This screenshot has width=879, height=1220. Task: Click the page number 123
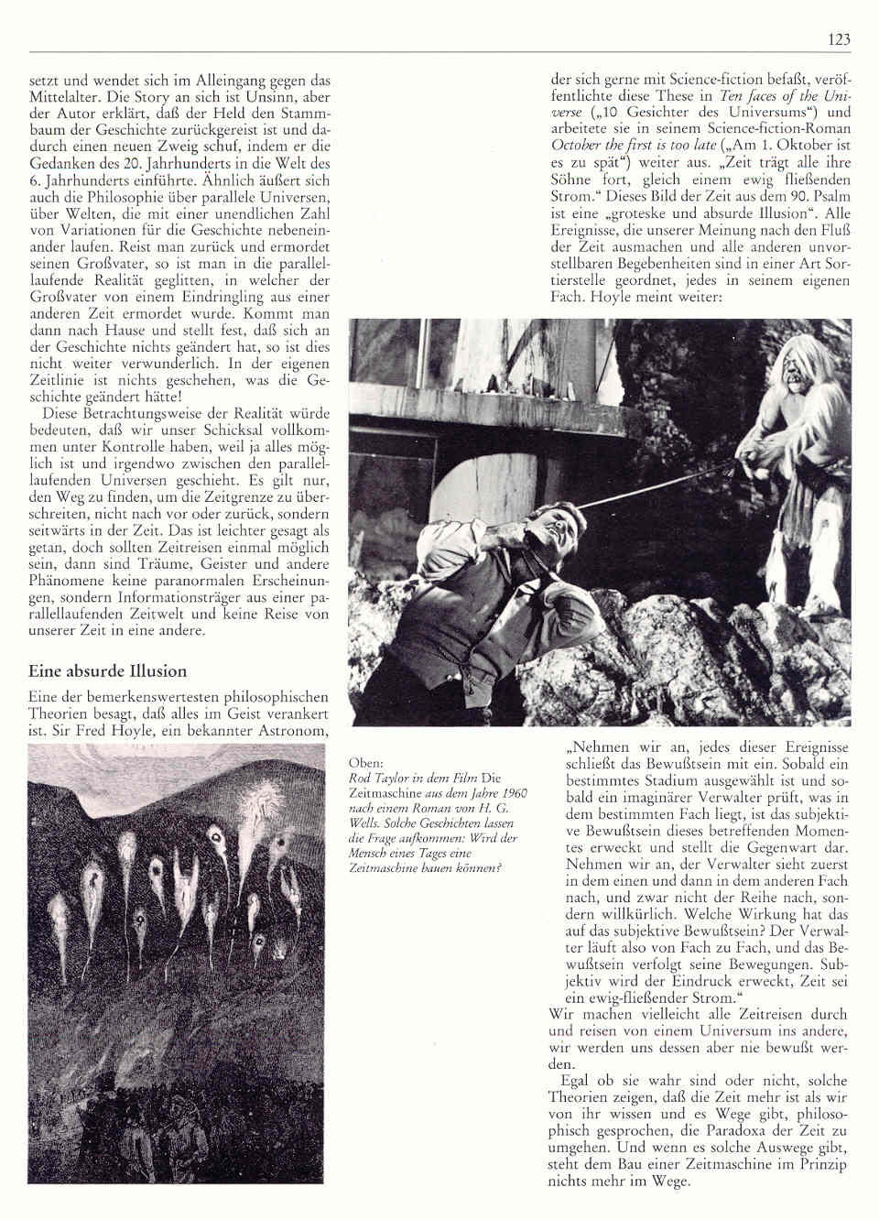(839, 38)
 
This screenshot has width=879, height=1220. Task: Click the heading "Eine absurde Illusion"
(107, 671)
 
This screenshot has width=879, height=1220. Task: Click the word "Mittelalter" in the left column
(65, 96)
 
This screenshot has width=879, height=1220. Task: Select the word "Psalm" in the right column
(830, 195)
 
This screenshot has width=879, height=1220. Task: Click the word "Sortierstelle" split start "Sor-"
(836, 265)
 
